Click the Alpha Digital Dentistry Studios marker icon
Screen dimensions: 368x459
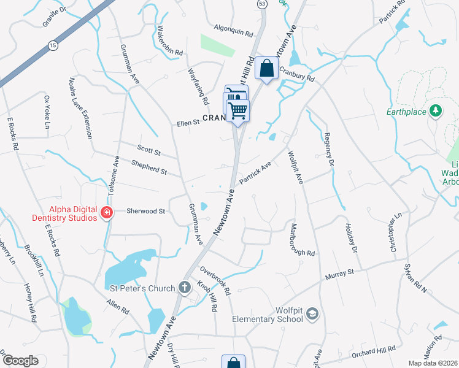(x=107, y=213)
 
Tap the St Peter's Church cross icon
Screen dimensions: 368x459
(x=185, y=287)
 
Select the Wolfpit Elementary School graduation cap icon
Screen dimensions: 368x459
(x=312, y=314)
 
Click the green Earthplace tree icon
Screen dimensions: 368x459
(x=436, y=112)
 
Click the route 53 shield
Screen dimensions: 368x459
(x=263, y=4)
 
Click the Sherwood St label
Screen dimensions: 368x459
(x=146, y=211)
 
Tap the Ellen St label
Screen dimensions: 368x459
(x=188, y=122)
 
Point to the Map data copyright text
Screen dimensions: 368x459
(x=433, y=363)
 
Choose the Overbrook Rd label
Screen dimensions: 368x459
(x=215, y=279)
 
